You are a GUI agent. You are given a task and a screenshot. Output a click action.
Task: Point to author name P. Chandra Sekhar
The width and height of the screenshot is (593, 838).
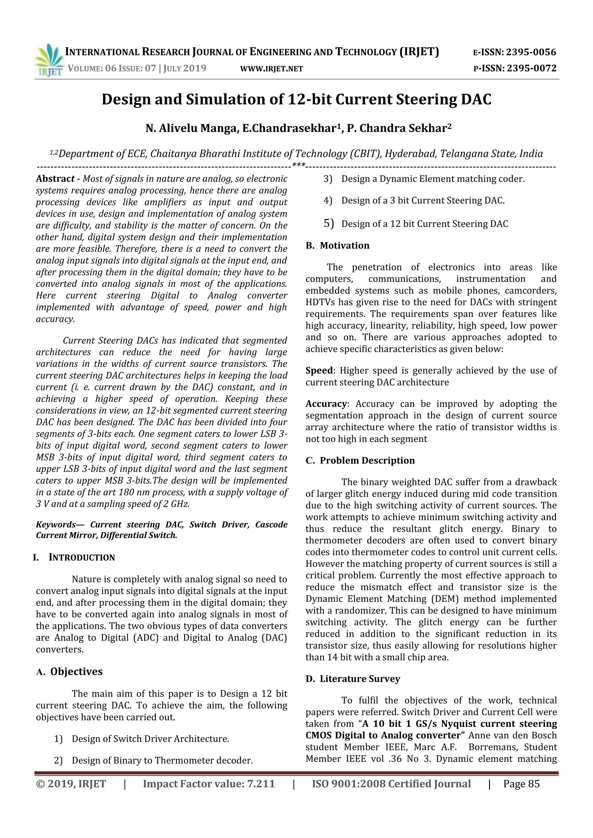pos(399,129)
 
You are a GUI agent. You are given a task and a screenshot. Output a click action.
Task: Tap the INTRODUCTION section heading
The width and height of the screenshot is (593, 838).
pos(82,557)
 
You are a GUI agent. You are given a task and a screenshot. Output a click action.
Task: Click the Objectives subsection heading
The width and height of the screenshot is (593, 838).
pos(76,672)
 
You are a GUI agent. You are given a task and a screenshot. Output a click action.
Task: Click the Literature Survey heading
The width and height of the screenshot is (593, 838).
pos(360,679)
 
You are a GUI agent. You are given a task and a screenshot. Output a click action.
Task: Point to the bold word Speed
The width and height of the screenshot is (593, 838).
pos(319,371)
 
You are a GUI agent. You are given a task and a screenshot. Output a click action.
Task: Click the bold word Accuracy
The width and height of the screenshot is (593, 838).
pos(326,404)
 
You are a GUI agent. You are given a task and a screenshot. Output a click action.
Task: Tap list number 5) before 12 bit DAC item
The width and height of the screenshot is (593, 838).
pos(329,223)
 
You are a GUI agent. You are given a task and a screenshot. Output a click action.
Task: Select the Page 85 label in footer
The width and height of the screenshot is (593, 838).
pos(521,784)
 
